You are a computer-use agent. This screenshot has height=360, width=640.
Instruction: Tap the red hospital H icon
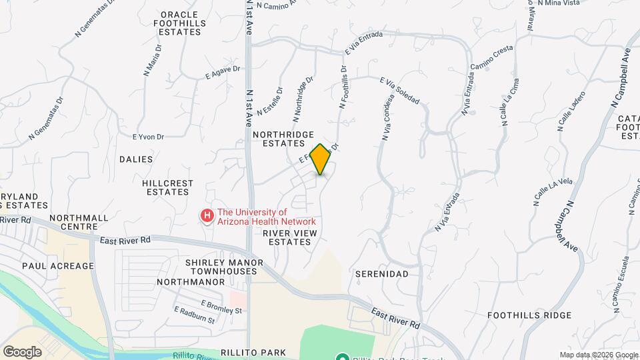click(x=207, y=215)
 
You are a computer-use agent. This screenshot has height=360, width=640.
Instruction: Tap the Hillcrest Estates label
click(x=168, y=187)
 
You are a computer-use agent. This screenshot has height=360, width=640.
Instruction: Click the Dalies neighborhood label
click(x=136, y=159)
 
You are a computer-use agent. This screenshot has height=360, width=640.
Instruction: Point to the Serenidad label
click(x=381, y=274)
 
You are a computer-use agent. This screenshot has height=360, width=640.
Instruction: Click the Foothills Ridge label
click(x=529, y=315)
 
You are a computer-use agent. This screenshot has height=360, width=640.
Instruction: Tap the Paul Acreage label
click(x=58, y=266)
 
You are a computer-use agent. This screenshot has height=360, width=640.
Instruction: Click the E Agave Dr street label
click(x=223, y=72)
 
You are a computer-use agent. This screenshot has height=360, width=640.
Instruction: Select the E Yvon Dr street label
click(x=148, y=137)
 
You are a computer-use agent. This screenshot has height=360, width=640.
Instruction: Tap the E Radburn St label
click(x=194, y=315)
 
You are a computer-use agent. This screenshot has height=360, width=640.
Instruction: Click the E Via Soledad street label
click(x=399, y=91)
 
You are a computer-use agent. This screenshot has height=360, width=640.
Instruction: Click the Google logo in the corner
click(x=22, y=351)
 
